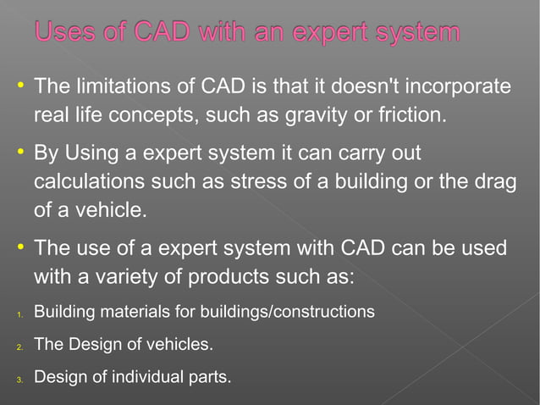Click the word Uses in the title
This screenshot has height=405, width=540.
point(69,33)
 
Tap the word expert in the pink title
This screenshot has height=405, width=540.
point(331,35)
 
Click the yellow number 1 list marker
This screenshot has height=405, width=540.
point(19,315)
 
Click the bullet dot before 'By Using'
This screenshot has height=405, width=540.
point(19,153)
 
